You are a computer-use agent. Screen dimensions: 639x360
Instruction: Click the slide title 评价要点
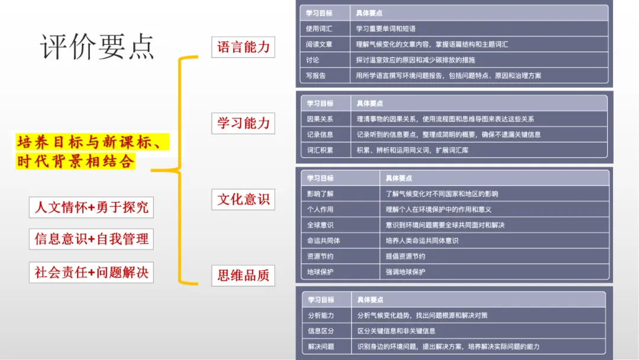click(x=97, y=46)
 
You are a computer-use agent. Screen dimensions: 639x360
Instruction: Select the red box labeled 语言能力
click(x=243, y=47)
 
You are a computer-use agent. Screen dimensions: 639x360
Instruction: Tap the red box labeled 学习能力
click(x=243, y=123)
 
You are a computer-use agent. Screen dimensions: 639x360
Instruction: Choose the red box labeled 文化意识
click(x=243, y=200)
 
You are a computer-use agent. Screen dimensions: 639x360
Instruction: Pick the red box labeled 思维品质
click(x=243, y=275)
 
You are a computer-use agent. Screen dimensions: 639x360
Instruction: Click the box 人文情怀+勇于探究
click(x=91, y=207)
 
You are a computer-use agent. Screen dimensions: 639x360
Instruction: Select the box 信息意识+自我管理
click(x=91, y=239)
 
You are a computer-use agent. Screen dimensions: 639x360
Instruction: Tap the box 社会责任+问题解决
click(x=91, y=272)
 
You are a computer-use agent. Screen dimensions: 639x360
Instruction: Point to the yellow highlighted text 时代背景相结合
click(x=75, y=161)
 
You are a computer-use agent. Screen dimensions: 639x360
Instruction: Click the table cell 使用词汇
click(x=320, y=28)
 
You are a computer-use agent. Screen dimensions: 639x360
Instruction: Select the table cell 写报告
click(x=316, y=76)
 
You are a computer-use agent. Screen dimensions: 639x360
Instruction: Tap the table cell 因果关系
click(x=320, y=119)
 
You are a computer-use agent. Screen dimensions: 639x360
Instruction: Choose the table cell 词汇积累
click(x=320, y=150)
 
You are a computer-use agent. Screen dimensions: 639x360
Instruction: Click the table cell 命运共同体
click(x=324, y=241)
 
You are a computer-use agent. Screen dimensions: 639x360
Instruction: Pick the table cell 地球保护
click(x=320, y=272)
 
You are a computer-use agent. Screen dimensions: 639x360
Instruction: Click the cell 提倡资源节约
click(x=405, y=256)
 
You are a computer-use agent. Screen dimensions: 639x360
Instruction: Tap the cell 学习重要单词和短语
click(x=386, y=28)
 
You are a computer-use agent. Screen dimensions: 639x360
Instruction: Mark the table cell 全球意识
click(x=320, y=225)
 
